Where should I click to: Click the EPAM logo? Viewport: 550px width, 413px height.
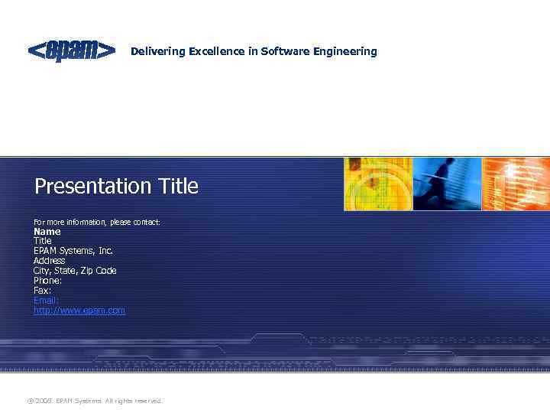72,50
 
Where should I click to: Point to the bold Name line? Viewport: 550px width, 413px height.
47,231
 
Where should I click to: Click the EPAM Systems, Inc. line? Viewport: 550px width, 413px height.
73,251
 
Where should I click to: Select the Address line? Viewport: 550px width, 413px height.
49,261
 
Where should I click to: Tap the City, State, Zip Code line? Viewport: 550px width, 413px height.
75,271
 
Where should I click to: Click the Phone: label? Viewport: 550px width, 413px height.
47,281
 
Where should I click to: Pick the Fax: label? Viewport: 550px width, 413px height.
42,291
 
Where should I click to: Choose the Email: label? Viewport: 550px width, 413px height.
46,301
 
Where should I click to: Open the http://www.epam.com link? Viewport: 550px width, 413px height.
79,311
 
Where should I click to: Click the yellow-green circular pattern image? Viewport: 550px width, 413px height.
377,184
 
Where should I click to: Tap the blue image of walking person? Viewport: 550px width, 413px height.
447,184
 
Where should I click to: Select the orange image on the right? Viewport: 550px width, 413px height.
516,184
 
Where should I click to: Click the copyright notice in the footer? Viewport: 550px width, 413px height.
95,401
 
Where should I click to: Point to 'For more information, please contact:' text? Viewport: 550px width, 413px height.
97,223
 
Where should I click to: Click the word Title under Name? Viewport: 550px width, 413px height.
42,241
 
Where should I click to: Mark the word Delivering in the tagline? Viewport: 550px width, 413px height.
158,51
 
